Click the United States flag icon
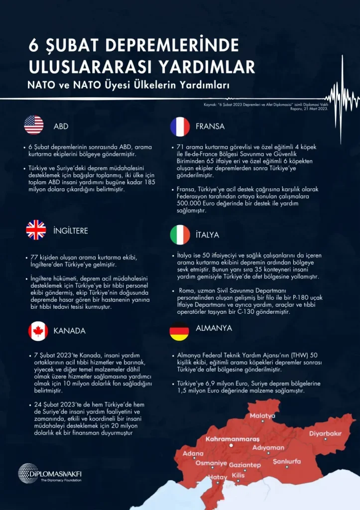(34, 126)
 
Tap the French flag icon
(180, 127)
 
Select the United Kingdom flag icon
(36, 230)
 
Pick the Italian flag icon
(180, 235)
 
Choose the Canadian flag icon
(38, 331)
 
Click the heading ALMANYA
(214, 329)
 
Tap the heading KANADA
(70, 331)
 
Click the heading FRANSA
(210, 127)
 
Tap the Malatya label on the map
(262, 415)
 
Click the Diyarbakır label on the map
(325, 433)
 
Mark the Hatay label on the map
(217, 477)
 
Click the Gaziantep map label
(244, 465)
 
